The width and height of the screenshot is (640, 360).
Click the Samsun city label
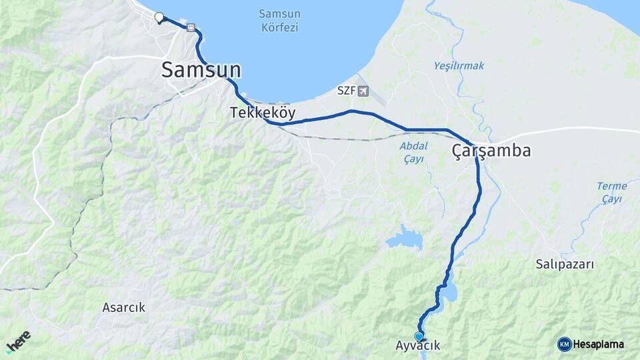[x=201, y=70]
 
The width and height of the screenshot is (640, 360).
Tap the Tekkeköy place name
[x=262, y=113]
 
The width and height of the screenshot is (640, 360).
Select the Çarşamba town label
[x=491, y=151]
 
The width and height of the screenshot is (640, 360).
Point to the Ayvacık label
[x=418, y=345]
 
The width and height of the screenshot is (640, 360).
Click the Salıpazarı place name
[x=564, y=264]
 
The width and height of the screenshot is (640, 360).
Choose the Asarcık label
[x=123, y=307]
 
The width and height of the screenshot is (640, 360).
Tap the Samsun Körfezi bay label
[x=278, y=20]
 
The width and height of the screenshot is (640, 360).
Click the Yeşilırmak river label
[x=459, y=65]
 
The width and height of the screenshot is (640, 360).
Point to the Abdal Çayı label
[x=413, y=152]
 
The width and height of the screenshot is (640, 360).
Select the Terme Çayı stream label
[x=611, y=192]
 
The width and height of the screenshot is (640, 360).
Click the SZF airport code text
[x=346, y=91]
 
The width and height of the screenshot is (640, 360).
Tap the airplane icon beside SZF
[x=363, y=91]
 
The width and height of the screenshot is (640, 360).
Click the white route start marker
[x=159, y=17]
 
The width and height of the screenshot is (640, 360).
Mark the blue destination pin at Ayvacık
[x=419, y=337]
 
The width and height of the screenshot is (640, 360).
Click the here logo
[x=19, y=341]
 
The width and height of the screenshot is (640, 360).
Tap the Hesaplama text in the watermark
[x=599, y=344]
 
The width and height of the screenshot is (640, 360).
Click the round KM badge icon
[x=565, y=344]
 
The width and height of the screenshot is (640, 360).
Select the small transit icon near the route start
[x=192, y=28]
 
